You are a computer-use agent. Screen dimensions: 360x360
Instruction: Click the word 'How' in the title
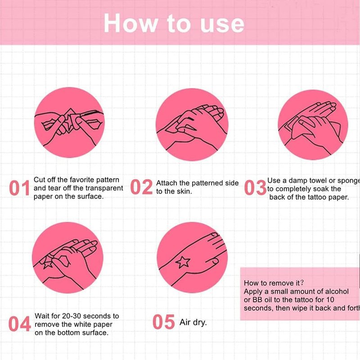tap(131, 23)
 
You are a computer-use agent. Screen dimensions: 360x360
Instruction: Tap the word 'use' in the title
tap(222, 24)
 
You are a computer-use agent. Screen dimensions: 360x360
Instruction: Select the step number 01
tap(20, 188)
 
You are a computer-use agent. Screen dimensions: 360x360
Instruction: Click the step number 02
tap(141, 187)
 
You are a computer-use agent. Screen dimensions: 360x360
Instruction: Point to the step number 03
tap(255, 187)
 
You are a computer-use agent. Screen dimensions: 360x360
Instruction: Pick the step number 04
tap(19, 324)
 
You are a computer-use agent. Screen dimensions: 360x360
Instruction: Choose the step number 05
tap(163, 322)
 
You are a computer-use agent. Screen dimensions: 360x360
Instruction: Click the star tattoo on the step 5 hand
tap(183, 262)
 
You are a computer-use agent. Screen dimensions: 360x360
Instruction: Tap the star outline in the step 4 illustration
tap(48, 263)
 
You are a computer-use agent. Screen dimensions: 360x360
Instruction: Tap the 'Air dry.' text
tap(193, 322)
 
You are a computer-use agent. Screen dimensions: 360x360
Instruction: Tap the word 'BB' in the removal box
tap(257, 300)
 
